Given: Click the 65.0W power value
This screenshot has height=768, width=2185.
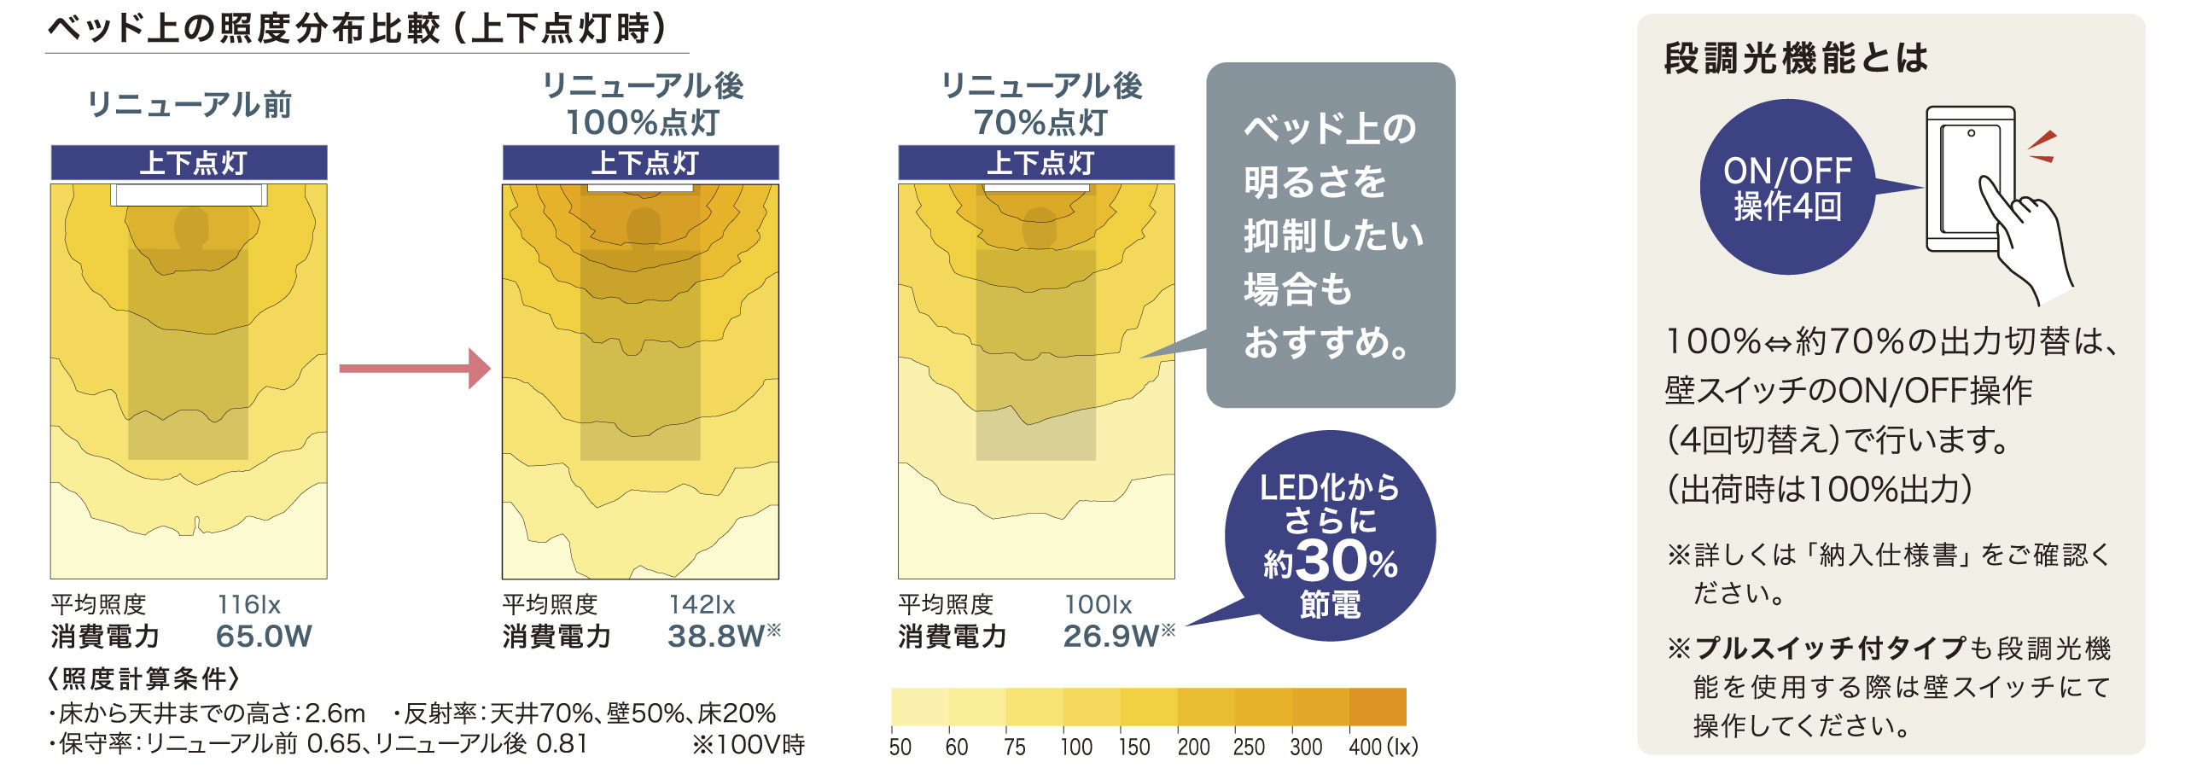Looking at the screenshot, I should pyautogui.click(x=264, y=637).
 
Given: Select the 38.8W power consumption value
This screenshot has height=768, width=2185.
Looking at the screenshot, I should pyautogui.click(x=715, y=637).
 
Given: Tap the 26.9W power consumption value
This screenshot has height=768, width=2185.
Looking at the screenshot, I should pyautogui.click(x=1110, y=637).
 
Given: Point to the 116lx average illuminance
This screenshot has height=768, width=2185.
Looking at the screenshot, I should pyautogui.click(x=248, y=605).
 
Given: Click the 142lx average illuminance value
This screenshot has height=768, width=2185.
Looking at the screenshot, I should pyautogui.click(x=702, y=605).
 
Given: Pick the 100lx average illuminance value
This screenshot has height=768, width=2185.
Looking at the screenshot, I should pyautogui.click(x=1098, y=605).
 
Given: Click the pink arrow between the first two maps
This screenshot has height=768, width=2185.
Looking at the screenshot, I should pyautogui.click(x=415, y=369).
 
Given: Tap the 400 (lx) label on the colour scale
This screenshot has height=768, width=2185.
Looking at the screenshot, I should pyautogui.click(x=1383, y=748).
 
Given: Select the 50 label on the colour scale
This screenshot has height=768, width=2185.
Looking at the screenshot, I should pyautogui.click(x=900, y=748).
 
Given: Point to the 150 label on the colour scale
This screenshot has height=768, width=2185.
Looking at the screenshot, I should pyautogui.click(x=1134, y=748).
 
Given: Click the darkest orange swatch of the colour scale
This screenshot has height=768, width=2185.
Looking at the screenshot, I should pyautogui.click(x=1378, y=707).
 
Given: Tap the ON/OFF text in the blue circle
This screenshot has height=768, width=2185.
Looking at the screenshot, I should pyautogui.click(x=1787, y=172).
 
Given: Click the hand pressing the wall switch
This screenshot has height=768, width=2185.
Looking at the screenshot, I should pyautogui.click(x=2027, y=239).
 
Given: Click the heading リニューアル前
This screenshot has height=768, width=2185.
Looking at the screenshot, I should pyautogui.click(x=189, y=105).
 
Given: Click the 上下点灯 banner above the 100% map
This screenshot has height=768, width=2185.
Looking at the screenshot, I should pyautogui.click(x=641, y=163).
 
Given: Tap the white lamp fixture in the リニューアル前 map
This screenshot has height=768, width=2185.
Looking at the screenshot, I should pyautogui.click(x=189, y=195).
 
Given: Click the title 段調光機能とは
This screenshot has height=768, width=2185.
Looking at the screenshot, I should pyautogui.click(x=1796, y=58).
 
